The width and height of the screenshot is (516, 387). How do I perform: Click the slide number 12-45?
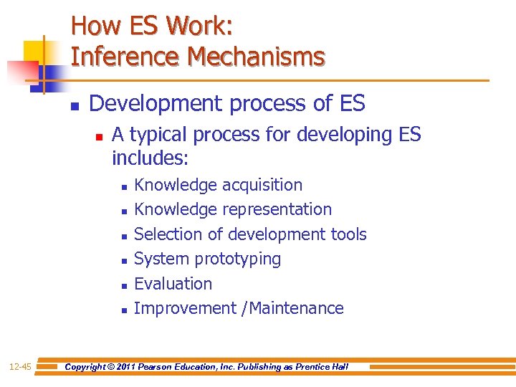[20, 367]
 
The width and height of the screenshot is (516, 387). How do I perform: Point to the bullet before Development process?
[74, 106]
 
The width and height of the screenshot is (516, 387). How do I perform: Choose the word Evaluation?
[173, 284]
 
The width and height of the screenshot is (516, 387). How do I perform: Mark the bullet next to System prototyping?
[124, 261]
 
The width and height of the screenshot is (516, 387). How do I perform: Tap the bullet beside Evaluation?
[124, 285]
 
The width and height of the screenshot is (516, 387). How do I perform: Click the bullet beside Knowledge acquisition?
[124, 186]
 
